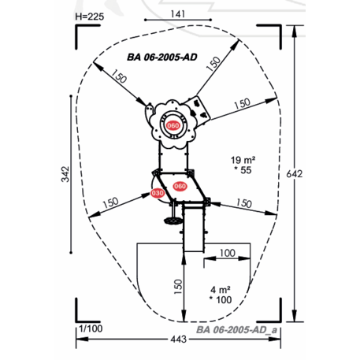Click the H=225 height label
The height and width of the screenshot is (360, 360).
coord(90,17)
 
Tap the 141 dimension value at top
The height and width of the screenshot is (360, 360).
coord(178,14)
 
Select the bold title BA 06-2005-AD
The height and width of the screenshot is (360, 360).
coord(162,57)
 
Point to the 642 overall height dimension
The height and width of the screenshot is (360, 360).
coord(295,174)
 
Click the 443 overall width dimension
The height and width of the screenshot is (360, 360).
coord(179,339)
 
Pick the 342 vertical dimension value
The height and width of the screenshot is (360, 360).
coord(65,174)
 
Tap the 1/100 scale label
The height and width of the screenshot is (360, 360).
coord(91,328)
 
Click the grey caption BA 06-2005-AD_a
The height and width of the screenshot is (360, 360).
coord(236,330)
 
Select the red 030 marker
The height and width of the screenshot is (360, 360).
coord(158,193)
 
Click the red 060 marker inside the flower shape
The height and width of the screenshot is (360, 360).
coord(173,125)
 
